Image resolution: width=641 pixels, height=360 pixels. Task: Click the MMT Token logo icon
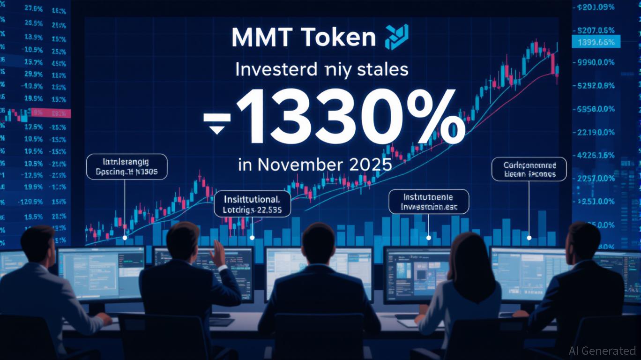tap(396, 37)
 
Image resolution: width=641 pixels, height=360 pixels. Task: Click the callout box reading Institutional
tap(252, 202)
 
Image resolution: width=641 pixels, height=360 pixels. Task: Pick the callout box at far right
tap(529, 169)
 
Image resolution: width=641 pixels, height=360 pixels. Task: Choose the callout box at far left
tap(127, 167)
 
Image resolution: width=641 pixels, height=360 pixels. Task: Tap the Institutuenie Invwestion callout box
tap(429, 202)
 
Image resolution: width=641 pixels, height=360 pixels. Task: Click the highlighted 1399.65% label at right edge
tap(596, 43)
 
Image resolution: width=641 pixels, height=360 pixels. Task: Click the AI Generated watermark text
tap(602, 351)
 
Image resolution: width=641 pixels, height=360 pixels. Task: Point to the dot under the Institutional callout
tap(253, 238)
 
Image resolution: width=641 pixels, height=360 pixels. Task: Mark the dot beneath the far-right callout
tap(529, 238)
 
